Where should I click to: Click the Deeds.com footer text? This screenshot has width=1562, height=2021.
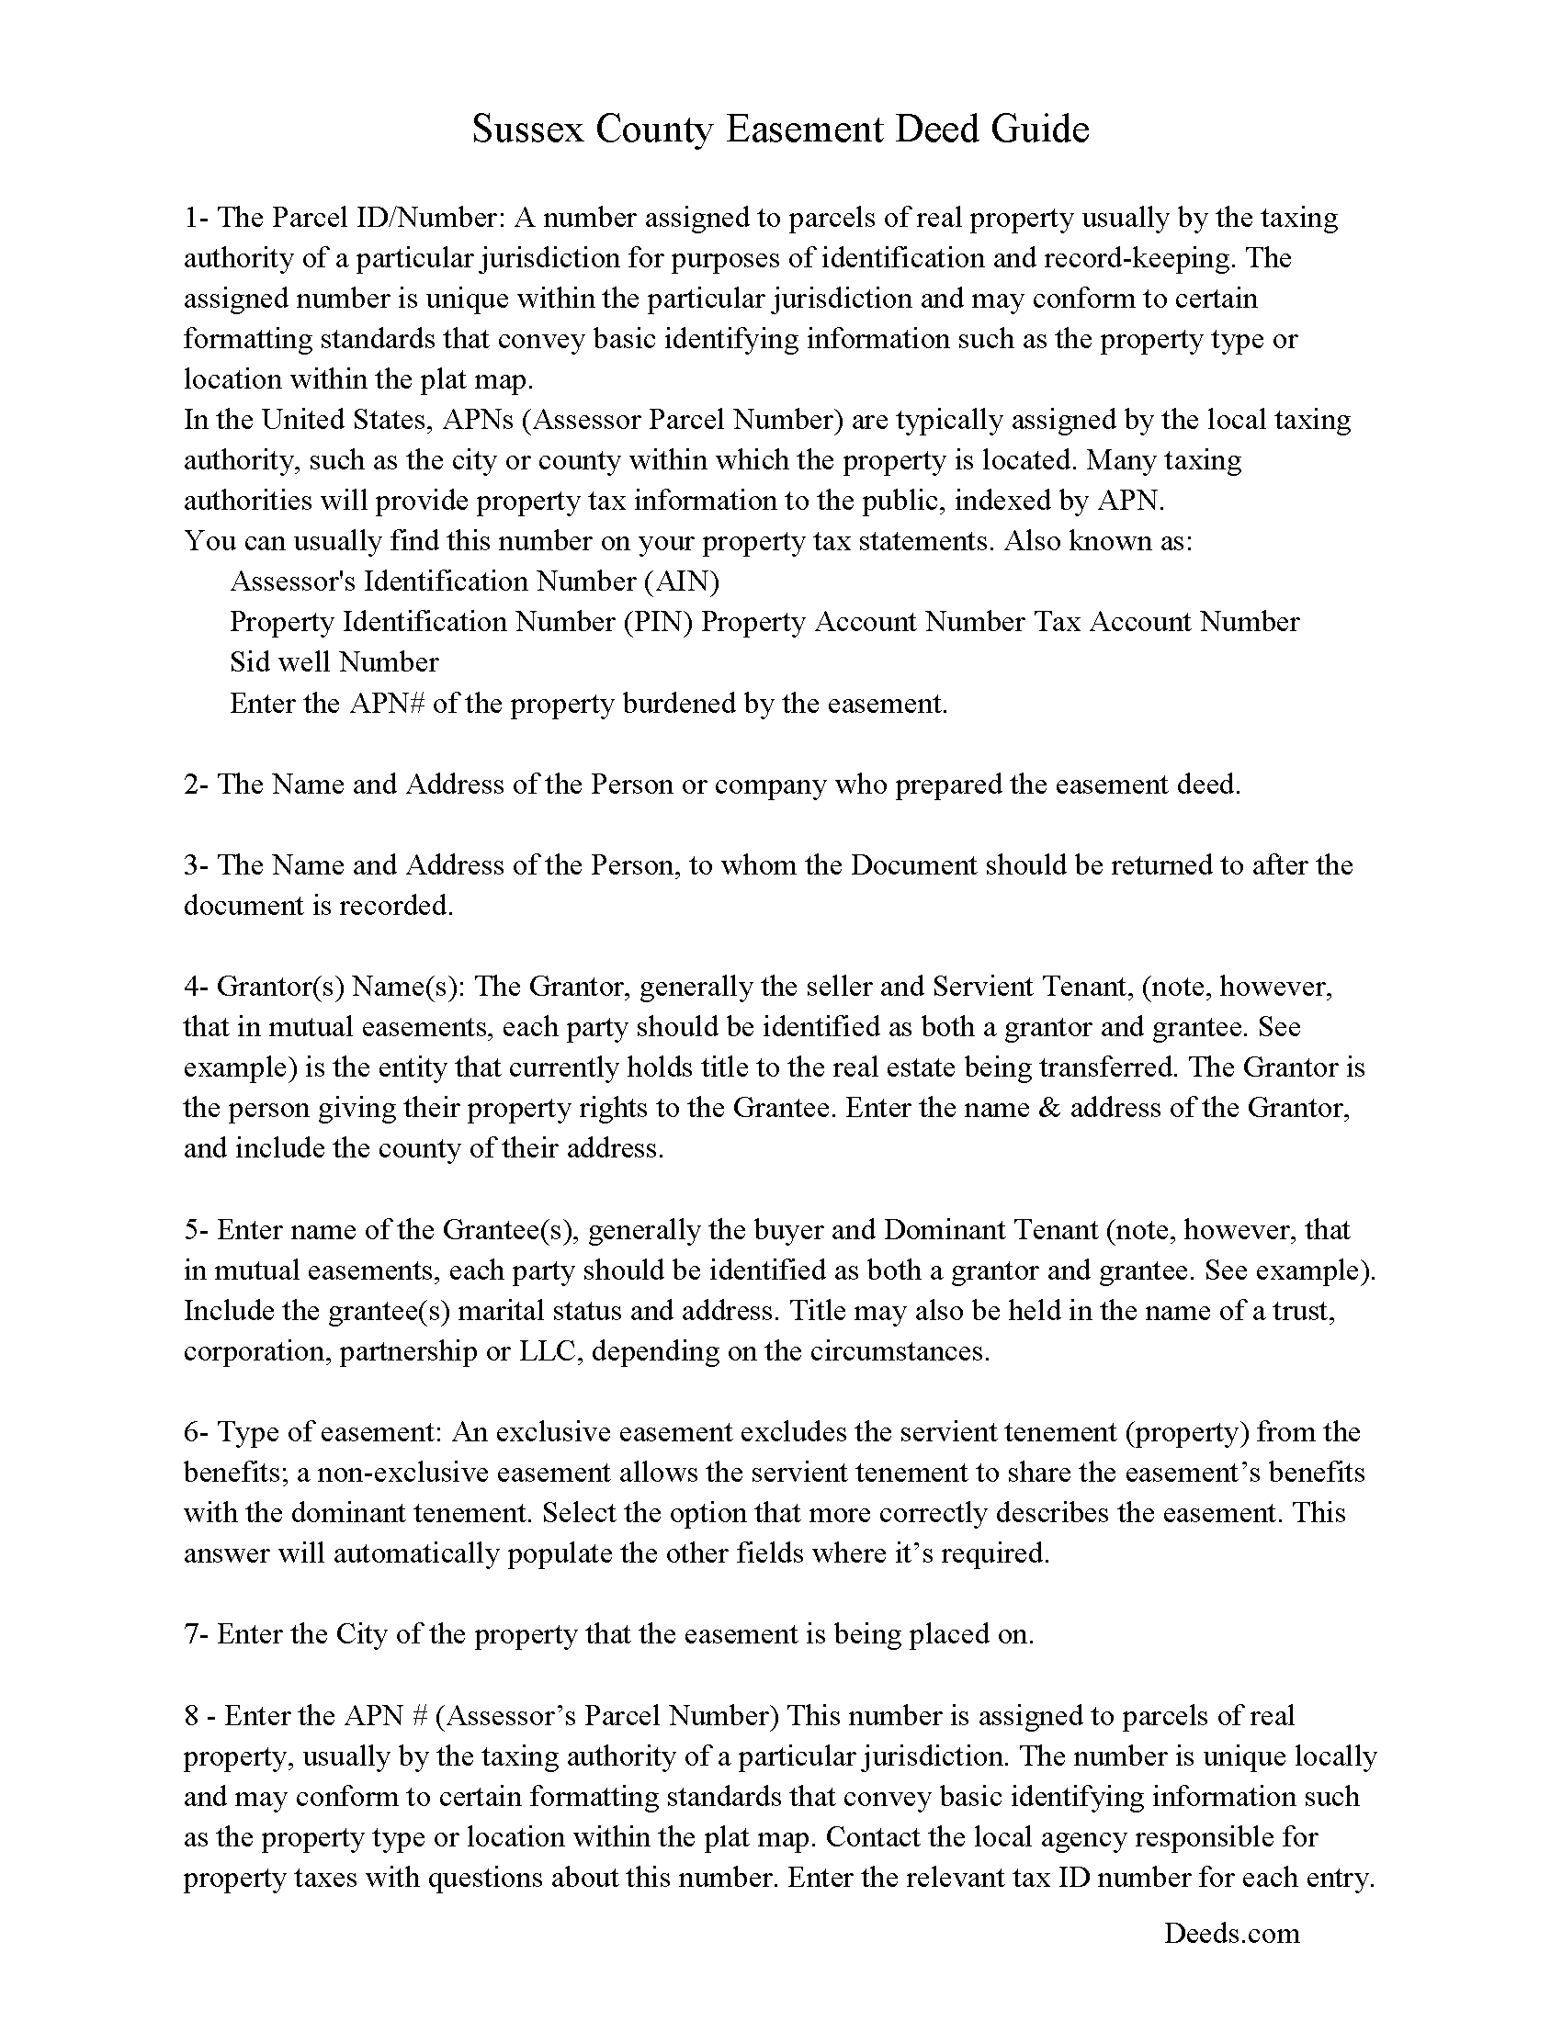tap(1230, 1932)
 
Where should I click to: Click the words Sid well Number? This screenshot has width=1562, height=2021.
tap(334, 662)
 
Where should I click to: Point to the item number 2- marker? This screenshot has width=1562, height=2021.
tap(197, 785)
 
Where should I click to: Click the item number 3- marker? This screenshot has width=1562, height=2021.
tap(197, 865)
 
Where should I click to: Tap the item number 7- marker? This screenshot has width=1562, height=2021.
tap(197, 1634)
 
